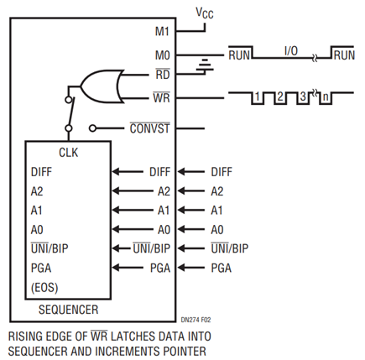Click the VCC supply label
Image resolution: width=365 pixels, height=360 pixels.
[205, 13]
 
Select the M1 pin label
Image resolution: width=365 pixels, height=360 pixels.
[162, 31]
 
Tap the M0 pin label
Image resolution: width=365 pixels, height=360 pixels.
[162, 55]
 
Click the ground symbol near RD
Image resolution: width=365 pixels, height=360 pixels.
[205, 65]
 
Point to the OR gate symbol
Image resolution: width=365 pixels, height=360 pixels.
[102, 86]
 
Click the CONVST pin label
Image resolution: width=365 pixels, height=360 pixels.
[149, 128]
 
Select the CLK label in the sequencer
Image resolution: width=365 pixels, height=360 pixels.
[69, 153]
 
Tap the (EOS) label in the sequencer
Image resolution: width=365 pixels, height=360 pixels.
[44, 288]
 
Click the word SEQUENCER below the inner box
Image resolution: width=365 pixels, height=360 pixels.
[69, 310]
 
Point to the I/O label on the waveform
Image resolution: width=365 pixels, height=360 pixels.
[291, 51]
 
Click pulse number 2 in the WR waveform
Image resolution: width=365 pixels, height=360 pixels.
[280, 97]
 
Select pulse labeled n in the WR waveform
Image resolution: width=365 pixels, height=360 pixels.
[326, 97]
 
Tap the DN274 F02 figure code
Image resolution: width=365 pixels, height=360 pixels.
[196, 320]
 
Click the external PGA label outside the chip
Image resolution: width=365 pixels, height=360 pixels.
[222, 268]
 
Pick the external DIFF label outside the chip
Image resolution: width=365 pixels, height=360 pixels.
[222, 172]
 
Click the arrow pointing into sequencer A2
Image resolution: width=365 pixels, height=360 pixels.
[133, 191]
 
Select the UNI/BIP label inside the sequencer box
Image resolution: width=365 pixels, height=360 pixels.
[50, 248]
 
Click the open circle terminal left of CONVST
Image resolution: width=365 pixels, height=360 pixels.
[92, 128]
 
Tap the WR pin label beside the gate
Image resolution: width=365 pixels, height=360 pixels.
[162, 98]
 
